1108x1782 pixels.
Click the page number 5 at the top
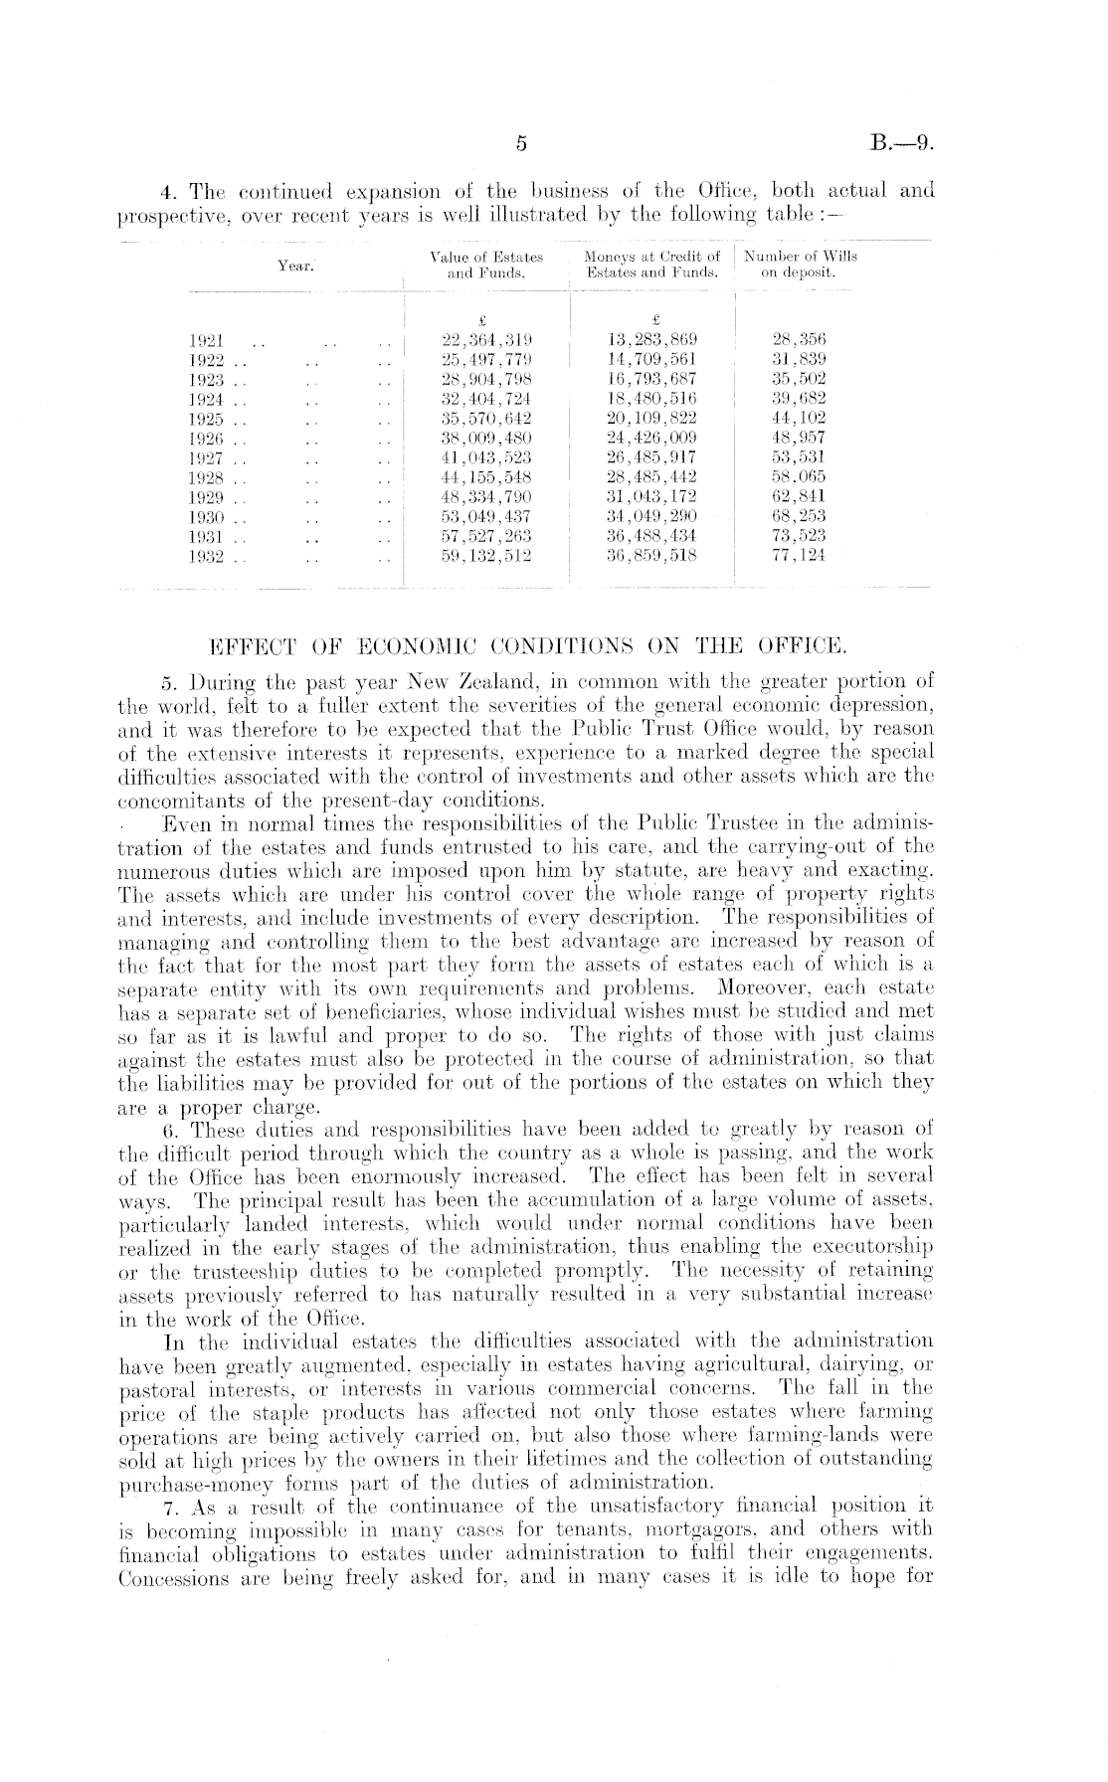520,145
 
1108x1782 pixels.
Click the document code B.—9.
901,145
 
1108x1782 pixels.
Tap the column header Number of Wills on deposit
799,264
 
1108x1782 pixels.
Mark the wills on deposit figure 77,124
799,556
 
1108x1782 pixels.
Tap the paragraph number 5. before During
169,683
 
